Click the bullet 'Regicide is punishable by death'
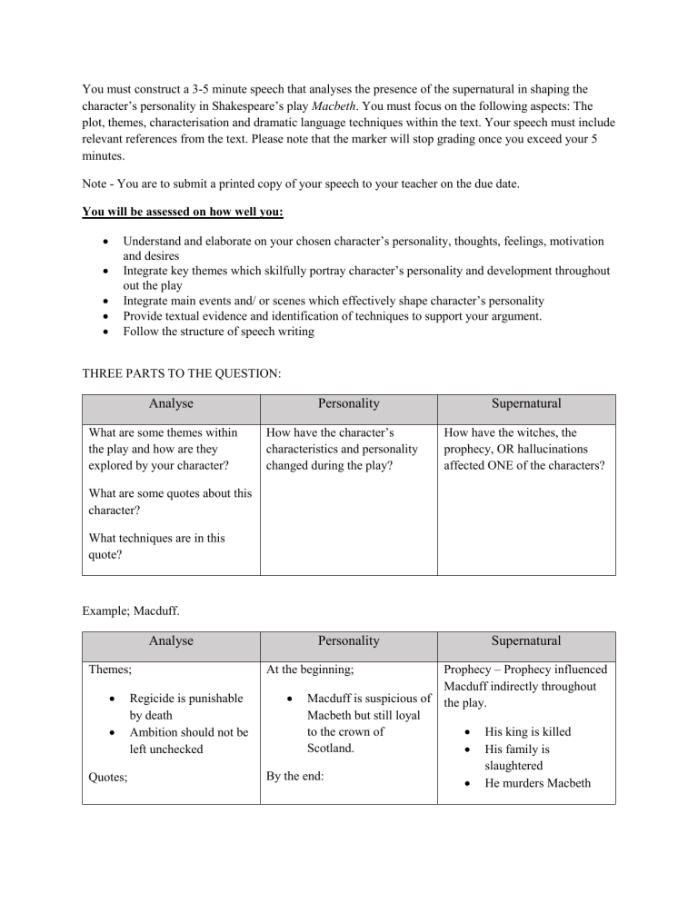tap(185, 707)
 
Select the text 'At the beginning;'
tap(310, 671)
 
